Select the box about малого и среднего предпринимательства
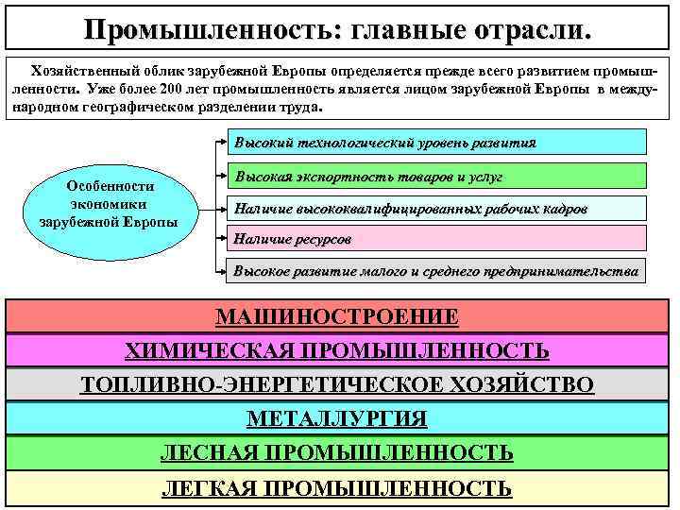pos(435,271)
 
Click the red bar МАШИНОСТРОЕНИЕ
pos(337,316)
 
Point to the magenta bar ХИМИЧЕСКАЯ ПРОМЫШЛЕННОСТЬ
pos(337,350)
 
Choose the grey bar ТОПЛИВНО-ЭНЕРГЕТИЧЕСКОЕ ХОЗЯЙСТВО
pos(337,384)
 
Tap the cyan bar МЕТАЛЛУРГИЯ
pos(337,418)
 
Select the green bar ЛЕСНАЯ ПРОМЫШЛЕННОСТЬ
pos(337,452)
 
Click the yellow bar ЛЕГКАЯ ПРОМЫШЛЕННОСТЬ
pos(337,487)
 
